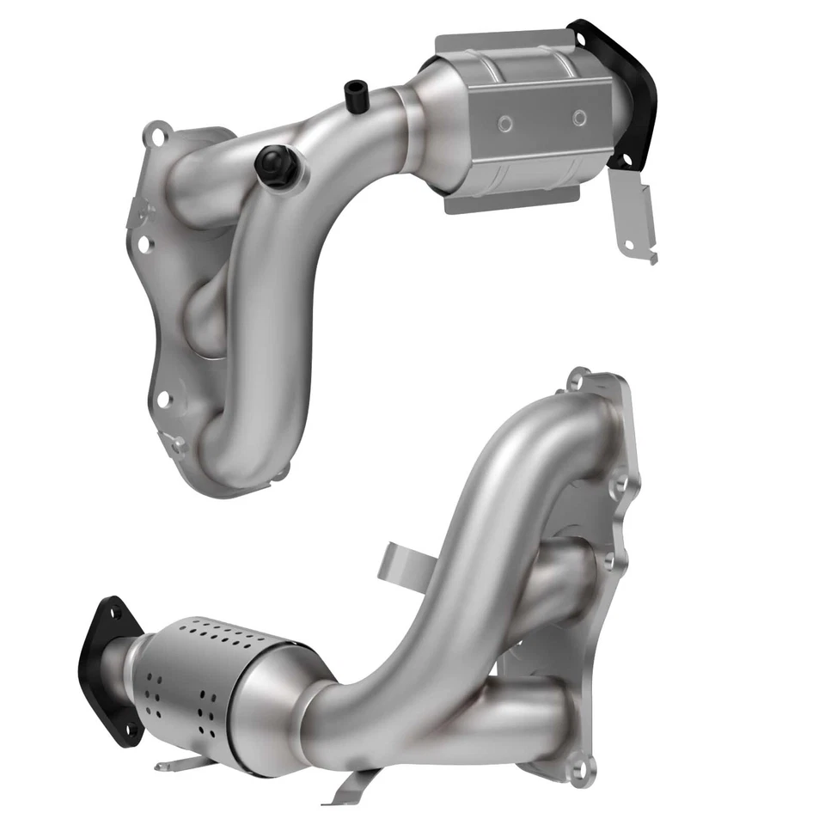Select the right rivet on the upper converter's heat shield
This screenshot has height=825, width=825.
click(579, 117)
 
